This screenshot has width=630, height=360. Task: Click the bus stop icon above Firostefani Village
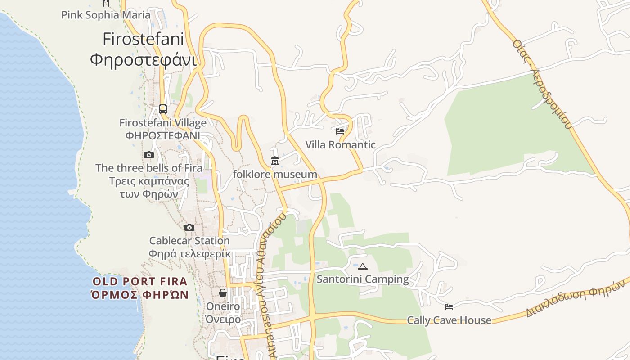click(x=163, y=109)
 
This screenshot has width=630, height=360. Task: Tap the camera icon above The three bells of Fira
click(x=149, y=155)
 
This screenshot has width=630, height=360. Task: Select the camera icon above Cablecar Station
click(x=189, y=227)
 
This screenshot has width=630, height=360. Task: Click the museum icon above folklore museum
click(x=274, y=161)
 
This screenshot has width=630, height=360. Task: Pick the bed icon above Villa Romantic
click(x=340, y=131)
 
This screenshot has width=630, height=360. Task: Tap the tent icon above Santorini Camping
click(x=363, y=266)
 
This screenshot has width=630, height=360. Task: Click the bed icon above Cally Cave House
click(x=449, y=307)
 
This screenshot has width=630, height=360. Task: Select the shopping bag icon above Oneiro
click(x=223, y=293)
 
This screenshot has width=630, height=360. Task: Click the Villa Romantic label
click(x=340, y=145)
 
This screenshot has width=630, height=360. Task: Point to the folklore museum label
click(x=275, y=174)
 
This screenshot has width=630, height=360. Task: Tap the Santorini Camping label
click(x=363, y=279)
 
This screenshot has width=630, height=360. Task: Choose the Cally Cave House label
click(x=449, y=320)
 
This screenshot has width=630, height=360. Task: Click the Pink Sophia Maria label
click(x=106, y=15)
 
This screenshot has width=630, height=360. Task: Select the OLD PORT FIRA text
click(x=139, y=282)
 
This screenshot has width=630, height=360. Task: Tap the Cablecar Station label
click(x=189, y=241)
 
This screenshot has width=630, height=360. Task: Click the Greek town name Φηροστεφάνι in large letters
click(x=143, y=59)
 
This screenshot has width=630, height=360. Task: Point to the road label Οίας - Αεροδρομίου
click(x=542, y=84)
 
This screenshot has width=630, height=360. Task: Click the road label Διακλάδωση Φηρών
click(x=576, y=298)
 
